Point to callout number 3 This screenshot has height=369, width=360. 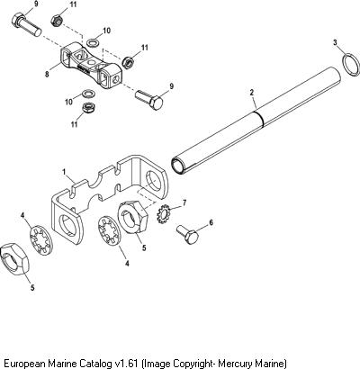[335, 43]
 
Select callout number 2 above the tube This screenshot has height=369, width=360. [252, 93]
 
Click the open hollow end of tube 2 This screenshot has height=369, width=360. [178, 166]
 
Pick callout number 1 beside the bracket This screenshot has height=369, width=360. [64, 172]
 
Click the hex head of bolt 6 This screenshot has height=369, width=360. [192, 238]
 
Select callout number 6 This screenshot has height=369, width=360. [211, 222]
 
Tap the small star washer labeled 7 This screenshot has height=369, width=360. [164, 213]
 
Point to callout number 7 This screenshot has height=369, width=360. [184, 203]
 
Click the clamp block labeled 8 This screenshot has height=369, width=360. [92, 66]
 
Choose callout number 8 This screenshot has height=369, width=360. [47, 74]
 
